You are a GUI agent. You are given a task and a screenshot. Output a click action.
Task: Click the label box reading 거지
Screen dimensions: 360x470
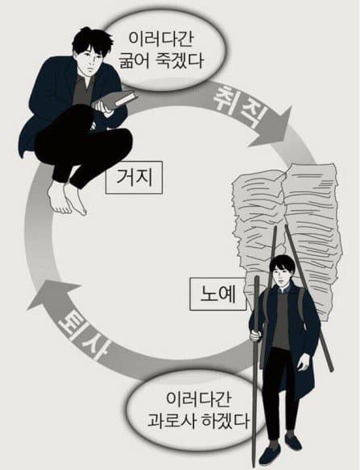click(134, 177)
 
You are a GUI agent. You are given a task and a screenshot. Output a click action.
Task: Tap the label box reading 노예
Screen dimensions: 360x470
click(218, 294)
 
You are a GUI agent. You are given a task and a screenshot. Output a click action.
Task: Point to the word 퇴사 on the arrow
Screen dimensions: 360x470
click(84, 335)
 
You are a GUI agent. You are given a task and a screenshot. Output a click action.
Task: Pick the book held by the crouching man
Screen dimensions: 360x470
click(114, 100)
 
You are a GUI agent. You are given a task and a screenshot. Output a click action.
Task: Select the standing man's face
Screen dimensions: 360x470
click(280, 274)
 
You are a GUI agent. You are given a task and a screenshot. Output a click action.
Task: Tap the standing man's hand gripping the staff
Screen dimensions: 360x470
click(255, 335)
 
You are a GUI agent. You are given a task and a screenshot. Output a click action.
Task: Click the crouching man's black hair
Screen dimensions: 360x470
click(90, 40)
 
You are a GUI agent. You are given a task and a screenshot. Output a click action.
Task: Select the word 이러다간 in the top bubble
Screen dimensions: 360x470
click(160, 39)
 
